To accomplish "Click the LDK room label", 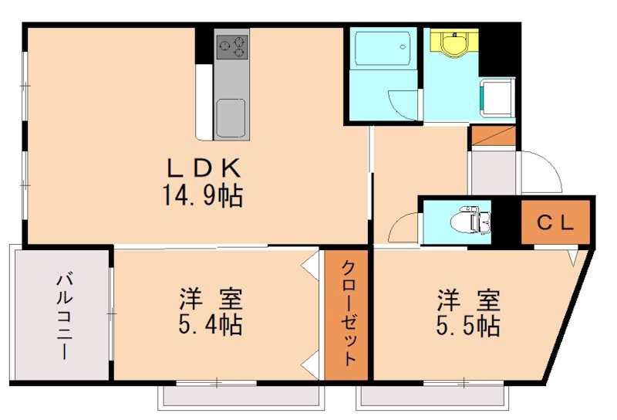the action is tap(204, 168).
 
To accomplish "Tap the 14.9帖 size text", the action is tap(203, 196).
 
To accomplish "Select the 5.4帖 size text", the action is tap(210, 324).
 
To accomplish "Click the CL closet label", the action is tap(555, 223).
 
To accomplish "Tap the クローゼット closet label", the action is tap(346, 313).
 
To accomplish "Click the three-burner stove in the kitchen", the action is tap(232, 47).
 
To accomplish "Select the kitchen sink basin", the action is tap(231, 118).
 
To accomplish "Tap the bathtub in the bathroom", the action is tap(383, 48).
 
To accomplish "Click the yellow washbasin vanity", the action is tap(454, 43).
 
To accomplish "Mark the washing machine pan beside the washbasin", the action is tap(497, 97).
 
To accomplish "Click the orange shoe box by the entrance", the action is tap(494, 136).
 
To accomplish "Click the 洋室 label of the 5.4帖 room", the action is tap(211, 300).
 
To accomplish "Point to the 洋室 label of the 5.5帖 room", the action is tap(468, 300).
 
